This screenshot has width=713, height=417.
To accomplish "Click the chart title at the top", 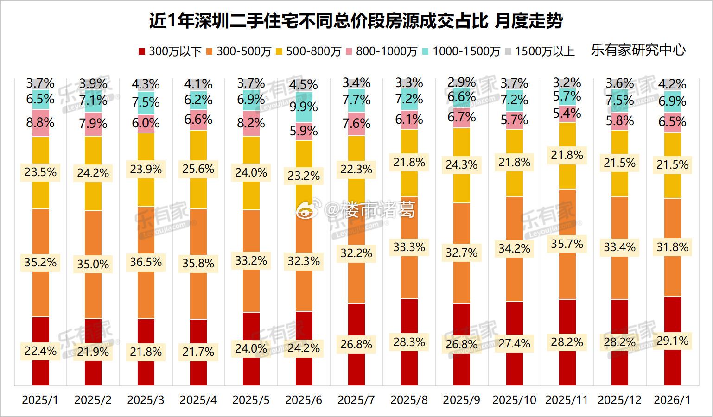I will coord(356,21).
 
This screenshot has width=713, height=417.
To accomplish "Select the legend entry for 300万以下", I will coord(170,51).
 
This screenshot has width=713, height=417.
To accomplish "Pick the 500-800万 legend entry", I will coord(308,51).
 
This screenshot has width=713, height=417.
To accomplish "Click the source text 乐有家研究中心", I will coord(638,50).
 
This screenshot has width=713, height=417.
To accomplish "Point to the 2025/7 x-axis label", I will coord(356,400).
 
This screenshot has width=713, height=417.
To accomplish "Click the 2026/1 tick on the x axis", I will coord(672,400).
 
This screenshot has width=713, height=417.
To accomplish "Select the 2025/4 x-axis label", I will coord(198,400).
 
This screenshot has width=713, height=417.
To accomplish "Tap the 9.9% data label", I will coord(304,107).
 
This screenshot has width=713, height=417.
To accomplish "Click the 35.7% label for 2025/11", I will coord(567,244).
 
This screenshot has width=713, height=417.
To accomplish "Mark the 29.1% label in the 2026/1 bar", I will coord(672,341).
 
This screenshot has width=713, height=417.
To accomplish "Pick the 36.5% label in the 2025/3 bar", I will coord(146,262).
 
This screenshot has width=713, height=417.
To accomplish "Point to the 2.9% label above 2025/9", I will coord(462,82).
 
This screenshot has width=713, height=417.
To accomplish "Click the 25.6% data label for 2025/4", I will coord(198,169).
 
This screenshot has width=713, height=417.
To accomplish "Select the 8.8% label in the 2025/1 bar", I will coord(40,123).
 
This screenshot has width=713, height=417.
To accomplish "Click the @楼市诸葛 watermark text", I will coord(369,210).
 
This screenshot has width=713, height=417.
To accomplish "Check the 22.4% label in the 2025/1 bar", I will coord(40,351).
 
